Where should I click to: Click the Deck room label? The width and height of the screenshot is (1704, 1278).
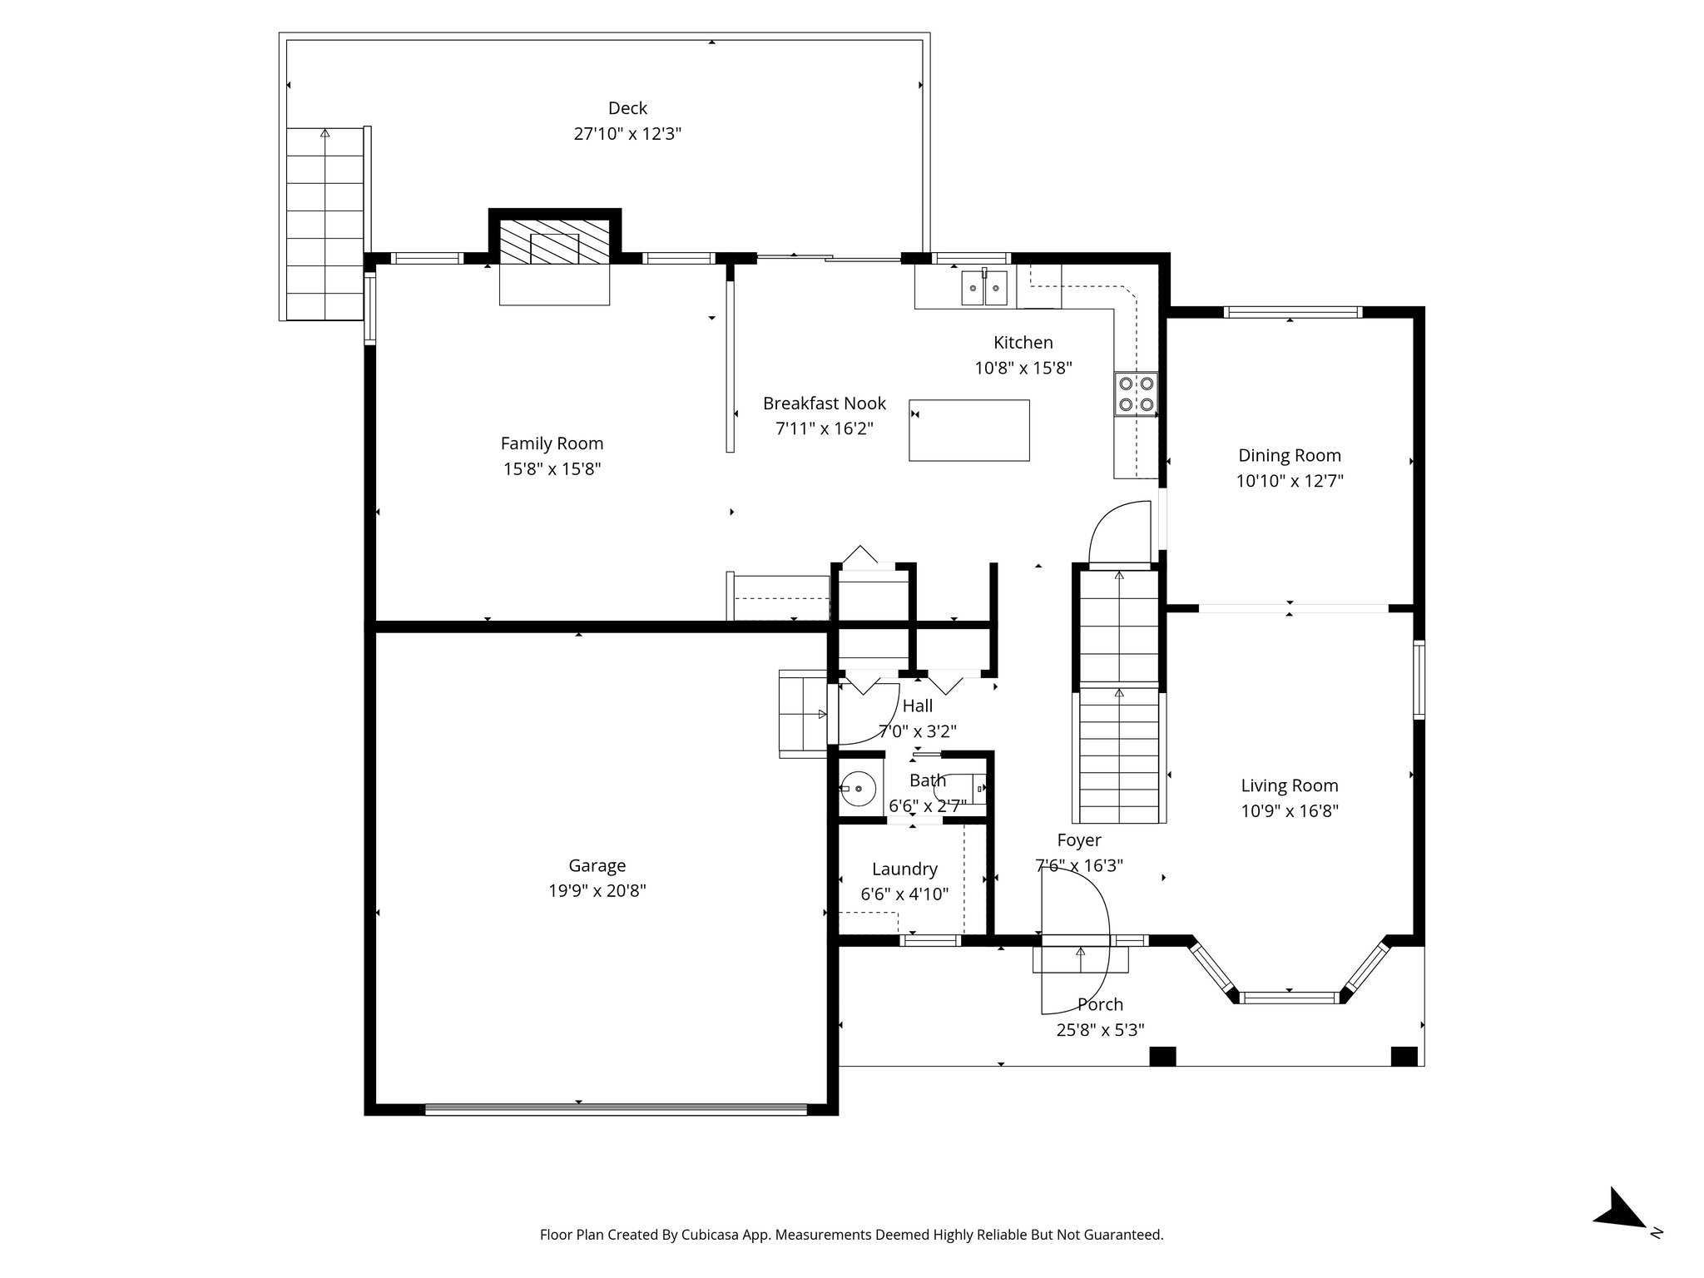click(627, 108)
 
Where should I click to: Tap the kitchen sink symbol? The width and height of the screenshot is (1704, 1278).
click(984, 288)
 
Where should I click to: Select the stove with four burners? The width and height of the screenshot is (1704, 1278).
click(1136, 394)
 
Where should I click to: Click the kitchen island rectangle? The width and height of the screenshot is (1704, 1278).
click(968, 430)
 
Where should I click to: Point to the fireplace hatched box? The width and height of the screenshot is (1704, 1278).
click(554, 242)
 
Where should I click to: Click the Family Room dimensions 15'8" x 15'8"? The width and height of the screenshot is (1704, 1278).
click(552, 469)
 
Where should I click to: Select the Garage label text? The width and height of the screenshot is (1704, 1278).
click(597, 865)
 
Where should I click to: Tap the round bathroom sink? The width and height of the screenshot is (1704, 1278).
click(858, 787)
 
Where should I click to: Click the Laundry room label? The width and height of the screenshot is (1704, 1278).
click(904, 869)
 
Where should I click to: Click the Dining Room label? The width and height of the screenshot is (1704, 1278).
click(1289, 455)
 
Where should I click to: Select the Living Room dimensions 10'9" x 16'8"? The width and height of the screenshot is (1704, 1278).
click(1289, 811)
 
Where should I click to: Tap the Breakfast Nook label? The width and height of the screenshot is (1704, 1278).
click(824, 404)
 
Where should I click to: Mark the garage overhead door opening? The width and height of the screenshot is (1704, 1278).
click(616, 1108)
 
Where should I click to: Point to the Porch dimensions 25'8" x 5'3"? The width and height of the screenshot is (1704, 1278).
click(1100, 1030)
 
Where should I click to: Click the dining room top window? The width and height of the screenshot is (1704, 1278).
click(1291, 313)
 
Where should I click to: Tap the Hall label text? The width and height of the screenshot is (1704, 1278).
click(917, 706)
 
